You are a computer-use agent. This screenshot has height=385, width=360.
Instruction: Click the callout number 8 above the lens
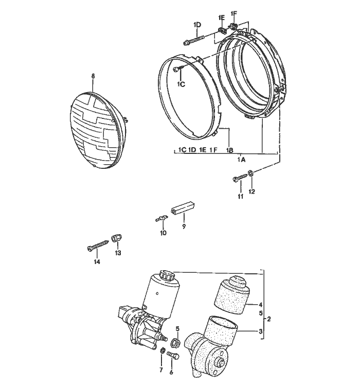pos(93,76)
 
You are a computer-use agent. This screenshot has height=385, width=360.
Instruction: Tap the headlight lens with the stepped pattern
pos(98,129)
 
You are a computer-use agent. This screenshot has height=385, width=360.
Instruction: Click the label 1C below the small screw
pos(181,84)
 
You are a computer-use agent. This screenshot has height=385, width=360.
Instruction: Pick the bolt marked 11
pos(238,179)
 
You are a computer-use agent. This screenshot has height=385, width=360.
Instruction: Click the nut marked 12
pos(250,173)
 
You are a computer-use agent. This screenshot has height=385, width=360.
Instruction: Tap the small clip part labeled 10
pos(161,219)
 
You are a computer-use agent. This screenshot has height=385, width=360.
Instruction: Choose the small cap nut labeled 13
pos(116,239)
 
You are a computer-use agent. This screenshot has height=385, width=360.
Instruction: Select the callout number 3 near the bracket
pos(261,331)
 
